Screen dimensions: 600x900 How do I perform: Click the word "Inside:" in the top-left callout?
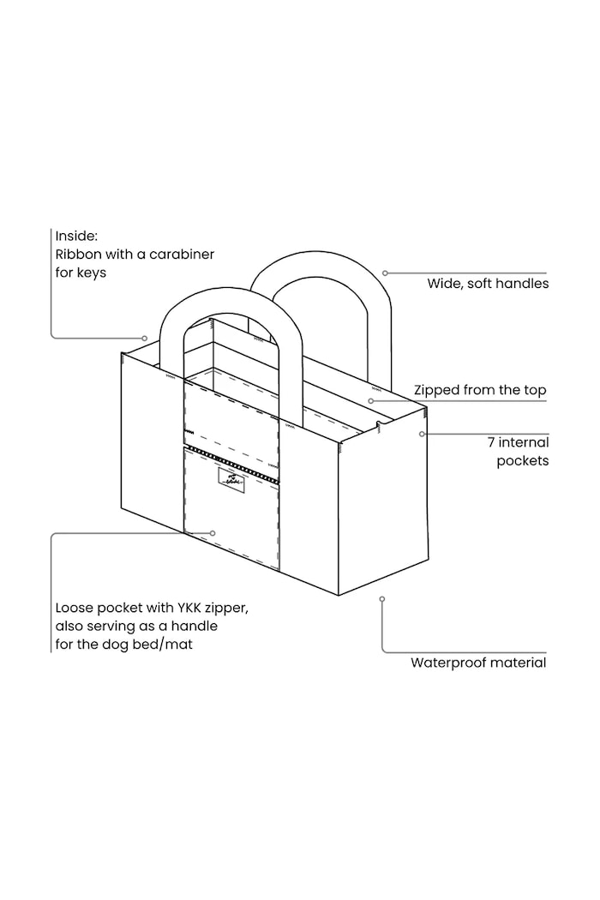coord(76,236)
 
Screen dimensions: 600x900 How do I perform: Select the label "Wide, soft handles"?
coord(488,284)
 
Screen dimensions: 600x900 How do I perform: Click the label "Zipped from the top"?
coord(480,390)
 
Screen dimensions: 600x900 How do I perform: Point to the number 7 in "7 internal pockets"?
coord(491,442)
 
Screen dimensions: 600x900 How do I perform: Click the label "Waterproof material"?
coord(478,663)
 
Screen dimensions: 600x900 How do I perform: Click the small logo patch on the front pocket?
coord(231,478)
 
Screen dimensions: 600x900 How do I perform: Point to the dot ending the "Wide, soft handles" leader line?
coord(385,273)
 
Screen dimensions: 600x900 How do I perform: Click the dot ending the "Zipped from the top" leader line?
coord(371,401)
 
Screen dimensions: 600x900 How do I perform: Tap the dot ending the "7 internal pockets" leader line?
coord(422,434)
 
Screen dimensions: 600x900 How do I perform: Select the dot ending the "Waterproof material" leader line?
coord(382,599)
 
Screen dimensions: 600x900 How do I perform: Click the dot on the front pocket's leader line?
coord(213,533)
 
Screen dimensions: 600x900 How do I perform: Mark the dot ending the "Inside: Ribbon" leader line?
coord(145,338)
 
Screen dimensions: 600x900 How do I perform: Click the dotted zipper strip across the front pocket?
coord(231,463)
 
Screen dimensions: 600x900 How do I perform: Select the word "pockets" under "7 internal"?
coord(523,461)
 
